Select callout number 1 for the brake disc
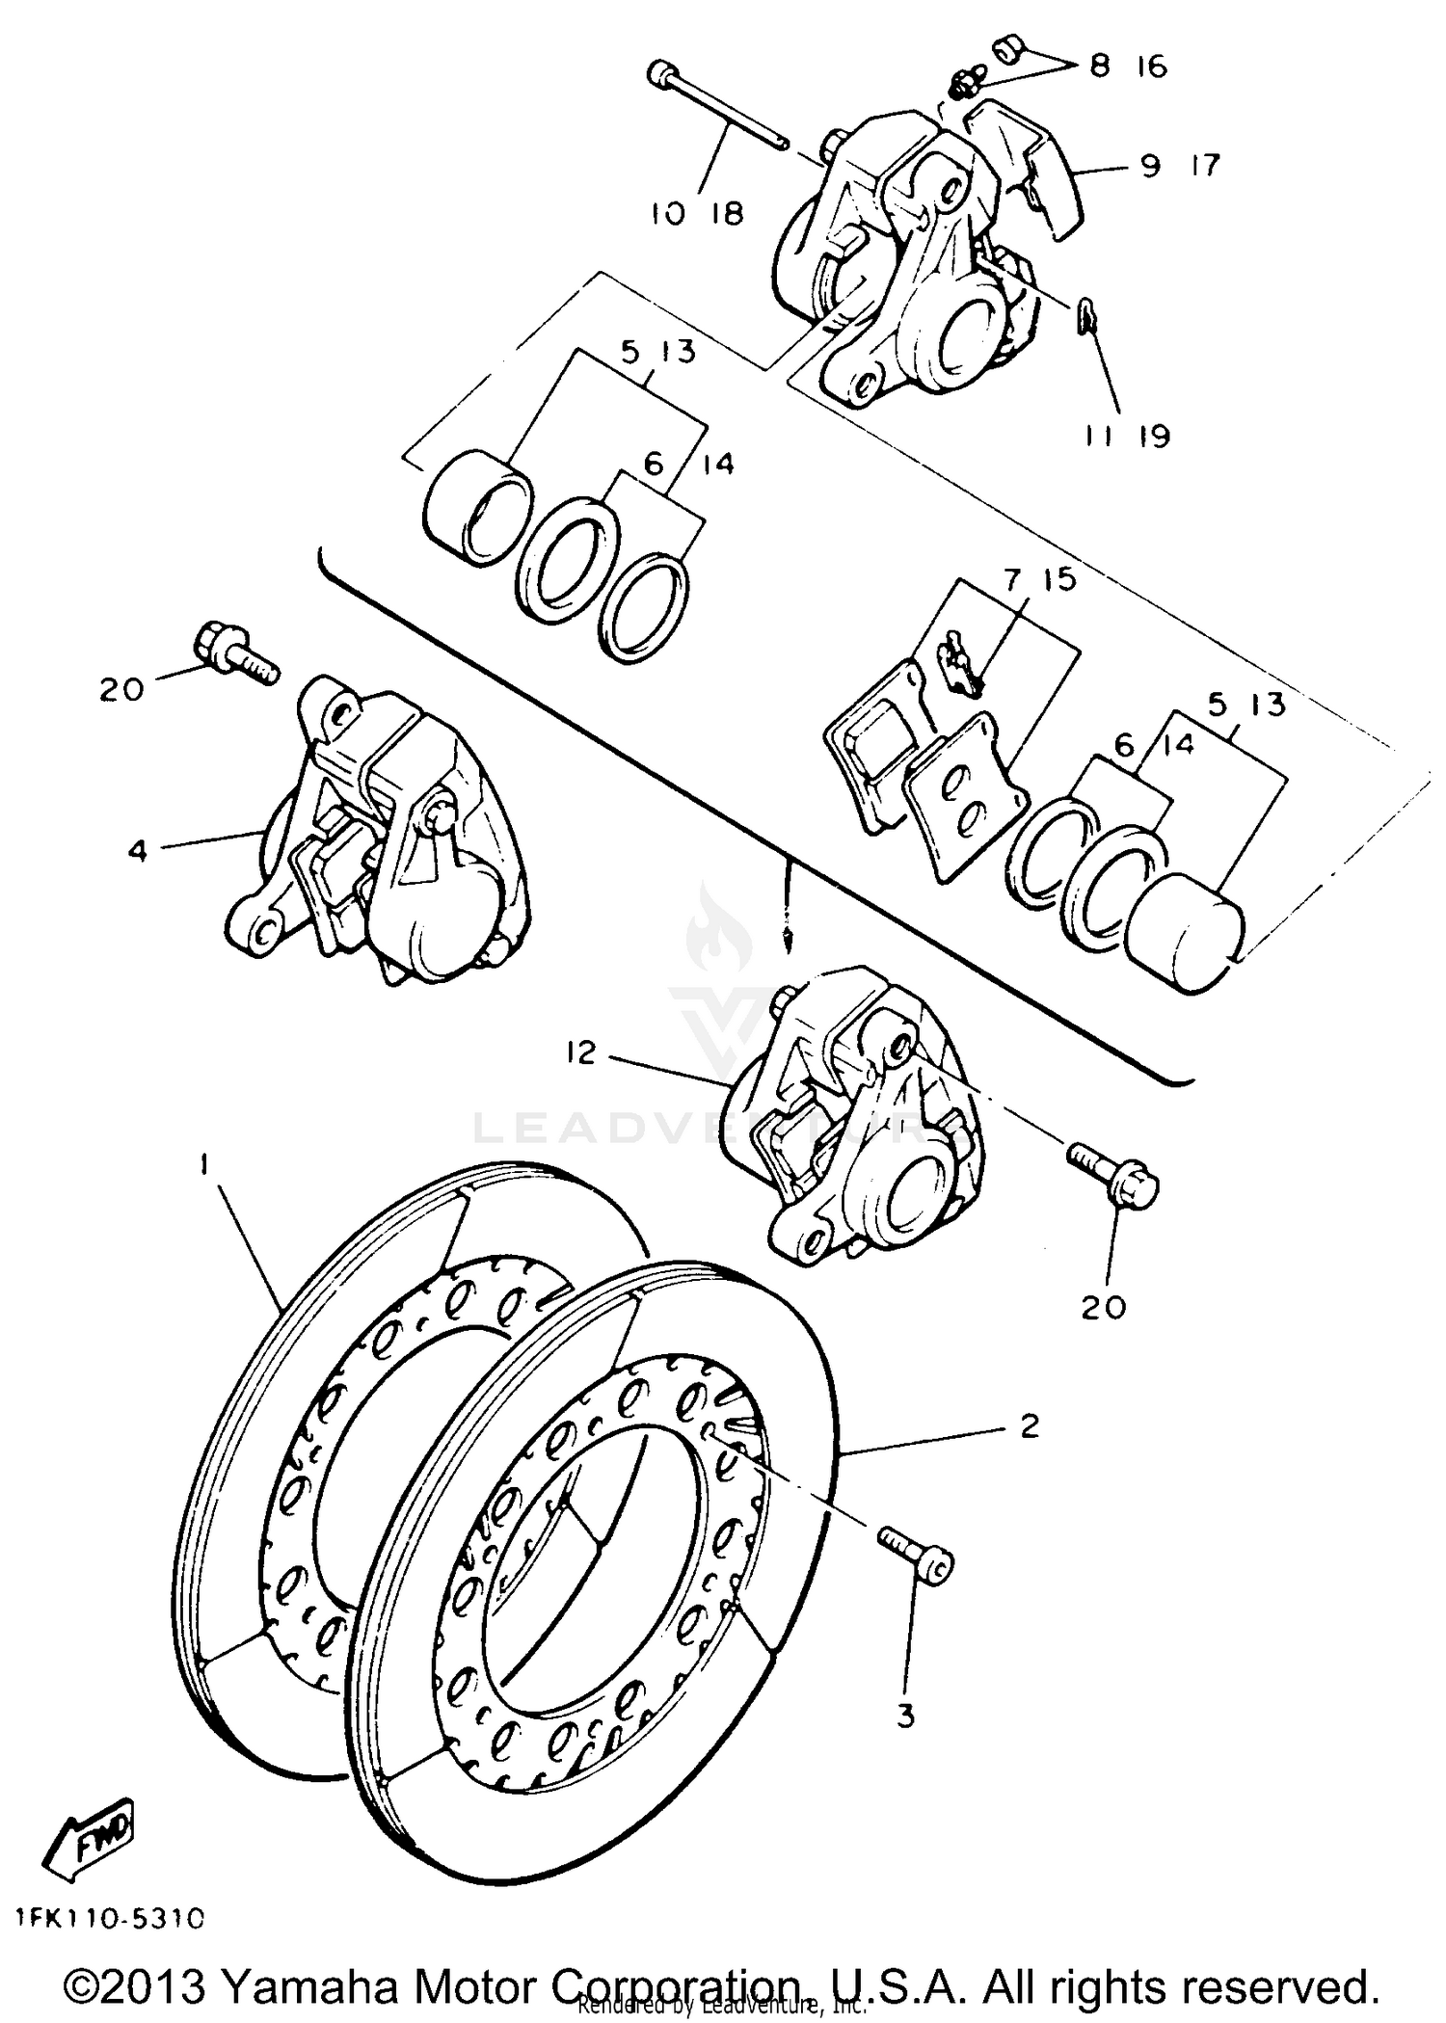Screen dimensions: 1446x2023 point(204,1165)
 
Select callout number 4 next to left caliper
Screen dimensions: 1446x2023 point(138,850)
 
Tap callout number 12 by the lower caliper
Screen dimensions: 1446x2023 point(581,1052)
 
